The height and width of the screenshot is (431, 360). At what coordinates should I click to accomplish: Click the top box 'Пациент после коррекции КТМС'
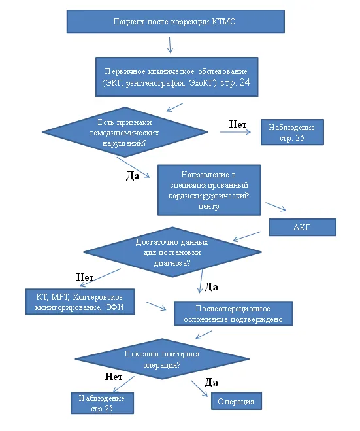[x=176, y=22]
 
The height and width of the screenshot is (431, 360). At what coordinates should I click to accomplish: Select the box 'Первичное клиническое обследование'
[x=177, y=77]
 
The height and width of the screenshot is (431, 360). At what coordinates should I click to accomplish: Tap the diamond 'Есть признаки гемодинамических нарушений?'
[x=125, y=132]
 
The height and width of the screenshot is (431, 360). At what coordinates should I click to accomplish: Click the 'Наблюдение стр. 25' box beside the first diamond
[x=292, y=132]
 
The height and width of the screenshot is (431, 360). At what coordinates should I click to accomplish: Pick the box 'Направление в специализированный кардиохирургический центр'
[x=209, y=190]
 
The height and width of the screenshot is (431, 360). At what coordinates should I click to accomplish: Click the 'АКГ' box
[x=303, y=228]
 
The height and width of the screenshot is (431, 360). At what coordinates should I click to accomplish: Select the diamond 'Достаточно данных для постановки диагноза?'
[x=172, y=252]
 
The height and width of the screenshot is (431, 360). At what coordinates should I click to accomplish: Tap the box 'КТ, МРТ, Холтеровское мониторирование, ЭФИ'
[x=80, y=302]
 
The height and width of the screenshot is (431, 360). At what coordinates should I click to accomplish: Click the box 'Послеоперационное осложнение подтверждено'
[x=233, y=314]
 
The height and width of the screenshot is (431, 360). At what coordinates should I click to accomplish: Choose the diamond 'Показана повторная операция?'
[x=162, y=359]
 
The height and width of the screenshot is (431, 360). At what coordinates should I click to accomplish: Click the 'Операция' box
[x=237, y=402]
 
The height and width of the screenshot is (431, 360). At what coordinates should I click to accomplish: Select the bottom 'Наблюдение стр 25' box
[x=102, y=403]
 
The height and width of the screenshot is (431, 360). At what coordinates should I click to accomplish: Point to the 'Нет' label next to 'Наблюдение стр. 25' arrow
[x=238, y=124]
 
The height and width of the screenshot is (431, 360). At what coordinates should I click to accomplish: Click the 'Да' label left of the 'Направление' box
[x=133, y=176]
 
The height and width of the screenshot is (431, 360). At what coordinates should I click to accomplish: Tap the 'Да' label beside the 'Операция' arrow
[x=211, y=383]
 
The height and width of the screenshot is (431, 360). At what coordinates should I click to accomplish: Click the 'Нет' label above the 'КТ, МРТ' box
[x=85, y=277]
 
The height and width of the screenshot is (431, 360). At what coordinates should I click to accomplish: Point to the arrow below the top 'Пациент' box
[x=171, y=45]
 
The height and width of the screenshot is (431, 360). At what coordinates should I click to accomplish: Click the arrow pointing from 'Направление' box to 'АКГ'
[x=276, y=207]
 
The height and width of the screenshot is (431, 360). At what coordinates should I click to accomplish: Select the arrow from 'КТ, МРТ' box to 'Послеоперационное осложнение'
[x=156, y=306]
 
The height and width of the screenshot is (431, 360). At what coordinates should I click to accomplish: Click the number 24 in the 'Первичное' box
[x=244, y=82]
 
